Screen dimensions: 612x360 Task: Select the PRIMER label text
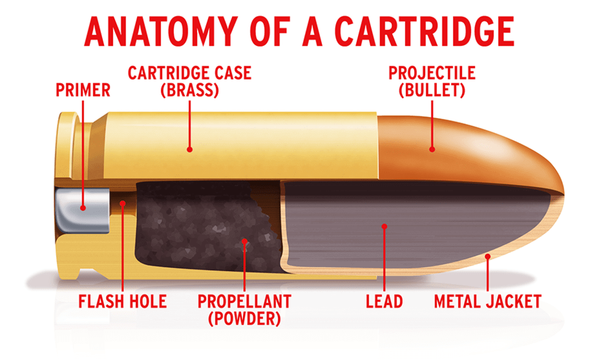[x=83, y=91]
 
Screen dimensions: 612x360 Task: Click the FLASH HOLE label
[x=122, y=301]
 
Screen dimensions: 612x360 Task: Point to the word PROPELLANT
[x=244, y=301]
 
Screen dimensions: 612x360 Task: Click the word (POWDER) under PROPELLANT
[x=244, y=319]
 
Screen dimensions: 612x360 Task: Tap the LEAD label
[x=384, y=301]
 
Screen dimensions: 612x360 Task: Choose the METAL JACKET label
[x=488, y=301]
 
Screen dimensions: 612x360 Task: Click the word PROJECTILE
[x=432, y=73]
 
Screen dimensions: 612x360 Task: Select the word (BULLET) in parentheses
[x=432, y=91]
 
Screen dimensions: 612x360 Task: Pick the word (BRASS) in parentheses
[x=189, y=91]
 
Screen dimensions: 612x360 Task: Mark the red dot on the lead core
[x=384, y=227]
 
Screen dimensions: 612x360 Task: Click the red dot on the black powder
[x=244, y=241]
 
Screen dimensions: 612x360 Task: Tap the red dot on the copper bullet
[x=432, y=148]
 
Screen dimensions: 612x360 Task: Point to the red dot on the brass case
[x=190, y=148]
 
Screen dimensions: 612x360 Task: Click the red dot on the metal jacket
[x=487, y=257]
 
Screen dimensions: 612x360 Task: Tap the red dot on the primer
[x=83, y=208]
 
